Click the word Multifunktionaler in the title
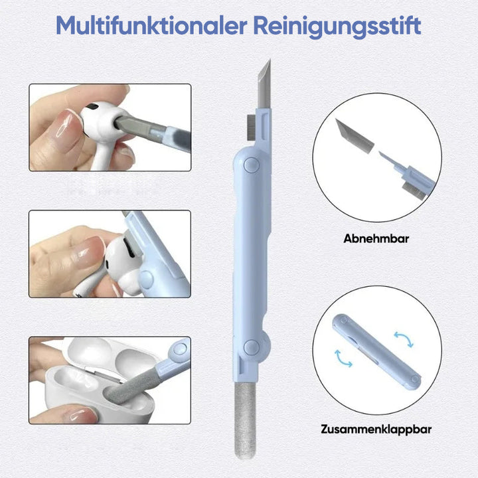pyautogui.click(x=151, y=26)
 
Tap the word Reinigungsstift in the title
pyautogui.click(x=337, y=27)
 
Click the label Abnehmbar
pyautogui.click(x=376, y=238)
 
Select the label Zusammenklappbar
pyautogui.click(x=376, y=430)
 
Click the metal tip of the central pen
pyautogui.click(x=264, y=84)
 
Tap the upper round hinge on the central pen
pyautogui.click(x=252, y=165)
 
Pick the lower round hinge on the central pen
pyautogui.click(x=252, y=347)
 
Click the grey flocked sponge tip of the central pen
pyautogui.click(x=245, y=421)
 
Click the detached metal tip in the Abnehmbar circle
pyautogui.click(x=355, y=135)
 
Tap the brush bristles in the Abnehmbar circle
pyautogui.click(x=414, y=191)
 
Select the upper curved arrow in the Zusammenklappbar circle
pyautogui.click(x=404, y=339)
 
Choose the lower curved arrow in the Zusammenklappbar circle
pyautogui.click(x=343, y=358)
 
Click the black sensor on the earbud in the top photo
pyautogui.click(x=91, y=107)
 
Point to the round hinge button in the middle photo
pyautogui.click(x=146, y=278)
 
